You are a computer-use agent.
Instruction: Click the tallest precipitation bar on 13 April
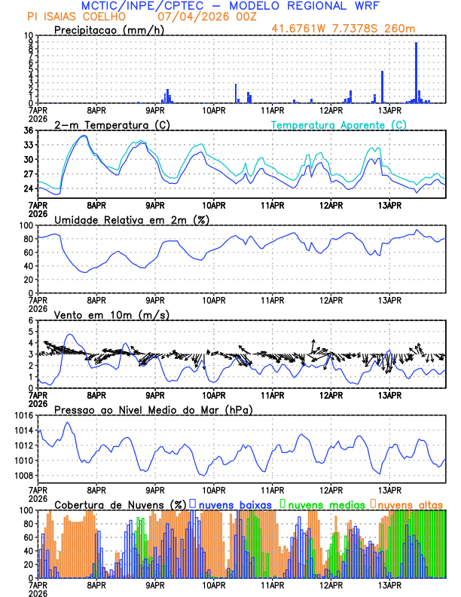416,72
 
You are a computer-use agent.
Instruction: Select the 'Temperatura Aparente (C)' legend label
338,124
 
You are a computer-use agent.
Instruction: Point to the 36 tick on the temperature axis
29,130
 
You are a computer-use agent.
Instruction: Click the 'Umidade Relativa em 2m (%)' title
132,219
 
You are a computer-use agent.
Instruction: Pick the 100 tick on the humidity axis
27,225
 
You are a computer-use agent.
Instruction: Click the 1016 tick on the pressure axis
24,415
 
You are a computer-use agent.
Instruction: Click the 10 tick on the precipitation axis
29,35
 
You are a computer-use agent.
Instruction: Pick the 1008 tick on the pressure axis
24,476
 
